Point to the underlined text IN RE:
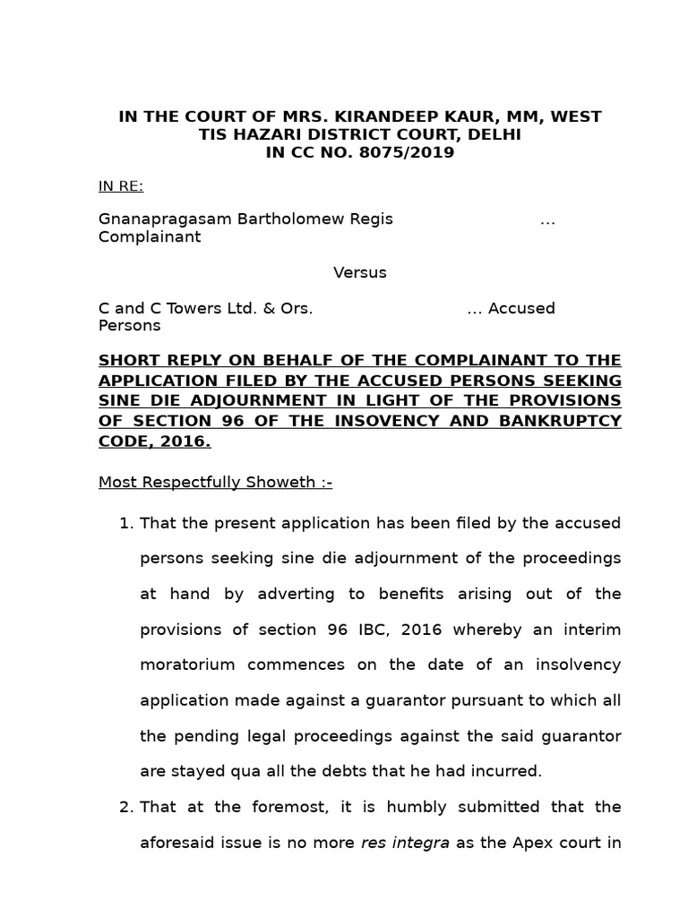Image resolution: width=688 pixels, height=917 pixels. click(x=121, y=186)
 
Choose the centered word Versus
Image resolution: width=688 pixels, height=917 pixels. click(x=360, y=272)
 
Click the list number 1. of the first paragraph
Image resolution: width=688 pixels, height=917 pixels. click(x=125, y=522)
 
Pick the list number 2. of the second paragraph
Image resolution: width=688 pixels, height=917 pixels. click(x=125, y=807)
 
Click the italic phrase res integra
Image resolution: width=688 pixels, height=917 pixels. click(x=405, y=843)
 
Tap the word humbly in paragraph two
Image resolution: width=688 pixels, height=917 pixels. click(x=405, y=807)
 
